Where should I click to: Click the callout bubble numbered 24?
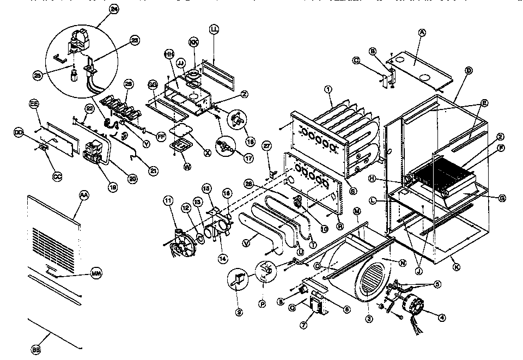113,9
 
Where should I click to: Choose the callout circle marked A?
421,32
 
